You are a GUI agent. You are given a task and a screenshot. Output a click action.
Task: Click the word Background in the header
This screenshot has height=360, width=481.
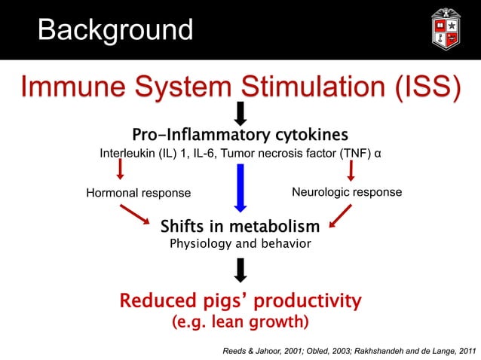115,30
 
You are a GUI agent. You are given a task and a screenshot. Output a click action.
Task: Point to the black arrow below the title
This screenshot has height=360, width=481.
240,114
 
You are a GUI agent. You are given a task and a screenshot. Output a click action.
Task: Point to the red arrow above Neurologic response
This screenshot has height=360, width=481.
351,171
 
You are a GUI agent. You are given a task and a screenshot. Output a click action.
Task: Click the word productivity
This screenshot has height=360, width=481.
307,302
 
